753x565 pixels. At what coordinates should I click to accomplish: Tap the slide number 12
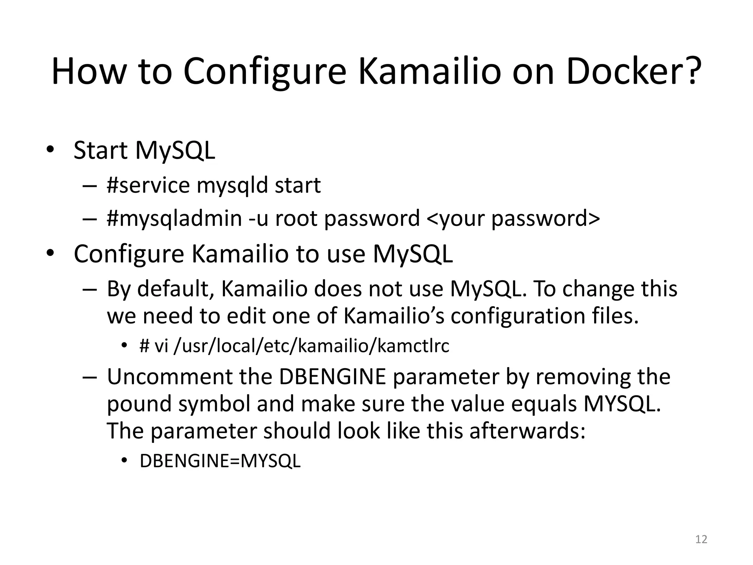pyautogui.click(x=701, y=539)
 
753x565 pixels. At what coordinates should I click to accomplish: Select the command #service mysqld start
pyautogui.click(x=214, y=185)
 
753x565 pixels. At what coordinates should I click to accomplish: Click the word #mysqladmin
pyautogui.click(x=174, y=218)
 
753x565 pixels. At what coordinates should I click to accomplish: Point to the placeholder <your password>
pyautogui.click(x=513, y=218)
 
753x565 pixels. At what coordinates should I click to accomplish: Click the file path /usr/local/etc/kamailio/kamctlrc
pyautogui.click(x=311, y=346)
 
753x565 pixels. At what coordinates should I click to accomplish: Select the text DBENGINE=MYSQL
pyautogui.click(x=220, y=461)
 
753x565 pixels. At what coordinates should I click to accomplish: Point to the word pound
pyautogui.click(x=139, y=404)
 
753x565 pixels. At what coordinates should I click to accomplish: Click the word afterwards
pyautogui.click(x=527, y=431)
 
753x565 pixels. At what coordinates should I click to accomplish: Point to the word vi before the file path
pyautogui.click(x=161, y=346)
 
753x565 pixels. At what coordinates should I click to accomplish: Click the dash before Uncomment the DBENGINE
pyautogui.click(x=89, y=377)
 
